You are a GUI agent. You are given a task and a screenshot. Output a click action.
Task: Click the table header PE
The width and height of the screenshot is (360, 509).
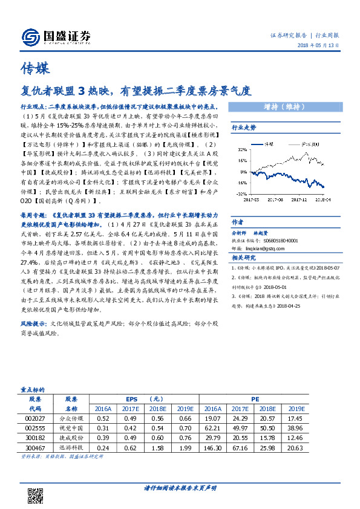pos(272,399)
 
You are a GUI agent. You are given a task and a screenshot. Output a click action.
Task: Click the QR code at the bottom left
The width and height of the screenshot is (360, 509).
pos(33,489)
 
